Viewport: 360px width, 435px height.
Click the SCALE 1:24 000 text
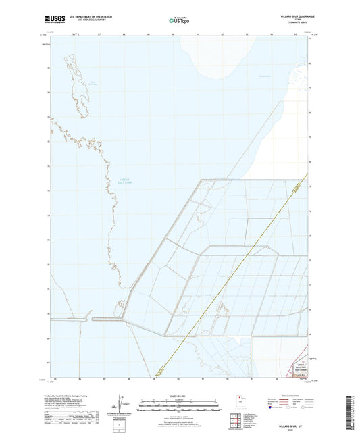(179, 396)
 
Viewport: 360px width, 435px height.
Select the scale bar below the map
(179, 405)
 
